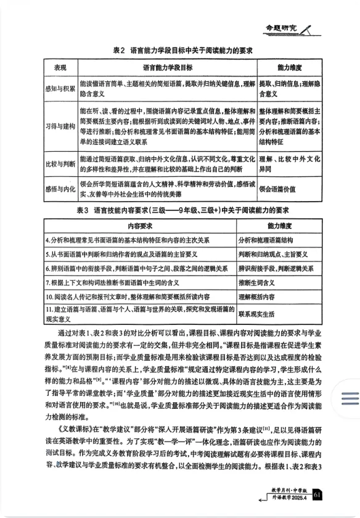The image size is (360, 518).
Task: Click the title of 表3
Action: click(184, 210)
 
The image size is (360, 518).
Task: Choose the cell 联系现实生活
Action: click(262, 314)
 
